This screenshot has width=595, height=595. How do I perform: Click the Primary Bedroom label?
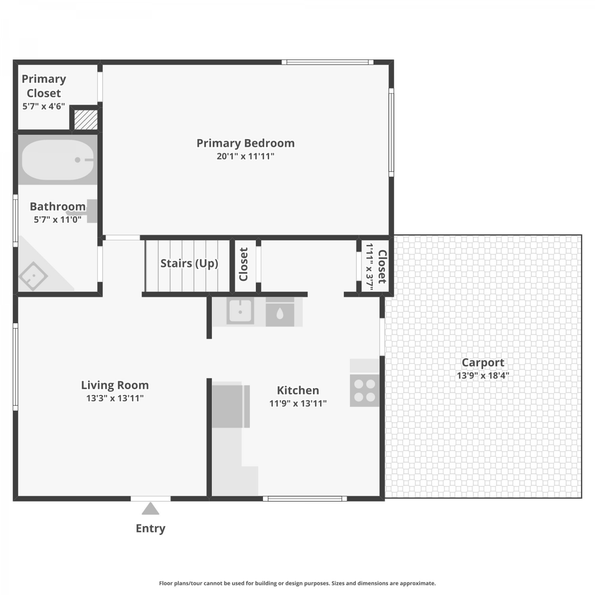246,143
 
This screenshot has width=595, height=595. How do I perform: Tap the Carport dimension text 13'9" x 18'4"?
483,375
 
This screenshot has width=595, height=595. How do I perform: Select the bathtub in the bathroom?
58,159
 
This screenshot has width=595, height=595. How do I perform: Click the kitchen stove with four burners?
365,390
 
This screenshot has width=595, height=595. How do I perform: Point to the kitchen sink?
240,311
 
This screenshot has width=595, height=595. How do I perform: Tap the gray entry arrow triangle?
150,509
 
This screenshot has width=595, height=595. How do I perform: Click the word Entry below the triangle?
150,528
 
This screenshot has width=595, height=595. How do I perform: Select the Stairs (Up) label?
189,263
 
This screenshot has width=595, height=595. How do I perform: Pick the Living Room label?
115,385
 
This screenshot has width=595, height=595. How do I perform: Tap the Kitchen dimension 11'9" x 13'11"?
298,403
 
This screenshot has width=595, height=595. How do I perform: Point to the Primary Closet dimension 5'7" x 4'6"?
44,106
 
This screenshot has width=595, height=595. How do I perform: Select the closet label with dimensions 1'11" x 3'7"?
376,267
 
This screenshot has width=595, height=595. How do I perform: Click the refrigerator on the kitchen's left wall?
230,406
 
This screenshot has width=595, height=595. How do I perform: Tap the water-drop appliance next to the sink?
280,312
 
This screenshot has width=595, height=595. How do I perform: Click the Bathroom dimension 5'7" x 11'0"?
58,219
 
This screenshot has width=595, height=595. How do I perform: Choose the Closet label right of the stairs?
244,264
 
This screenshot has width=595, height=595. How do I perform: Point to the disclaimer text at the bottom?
297,583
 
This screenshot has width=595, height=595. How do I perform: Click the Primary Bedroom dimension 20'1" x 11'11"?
246,156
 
